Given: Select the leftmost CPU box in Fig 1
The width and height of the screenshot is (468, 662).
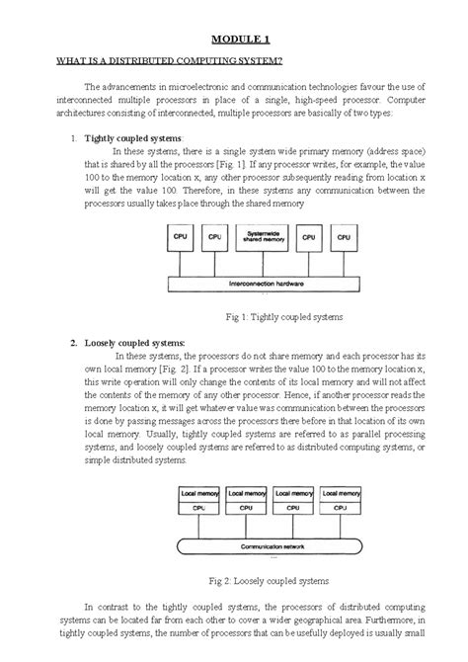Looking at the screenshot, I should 180,239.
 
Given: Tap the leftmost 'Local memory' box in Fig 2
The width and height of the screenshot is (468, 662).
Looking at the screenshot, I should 197,491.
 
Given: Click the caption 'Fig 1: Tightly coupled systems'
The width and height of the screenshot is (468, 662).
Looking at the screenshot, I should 283,318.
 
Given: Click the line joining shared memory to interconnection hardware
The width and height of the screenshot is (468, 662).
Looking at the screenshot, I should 264,264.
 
